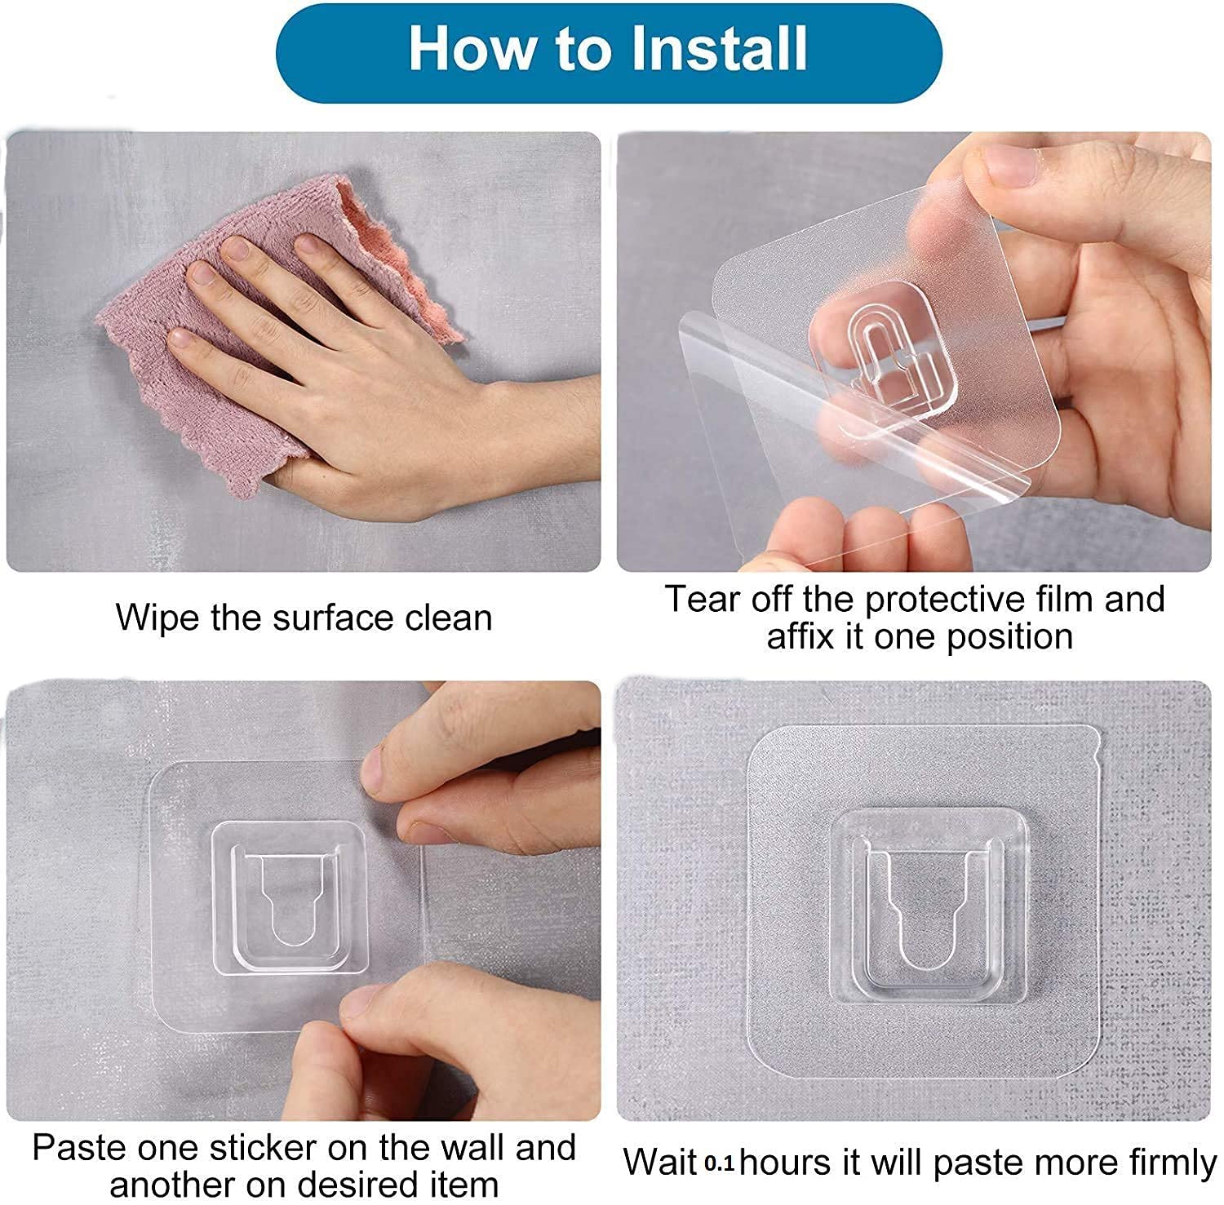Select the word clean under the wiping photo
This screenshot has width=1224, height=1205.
pyautogui.click(x=450, y=618)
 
